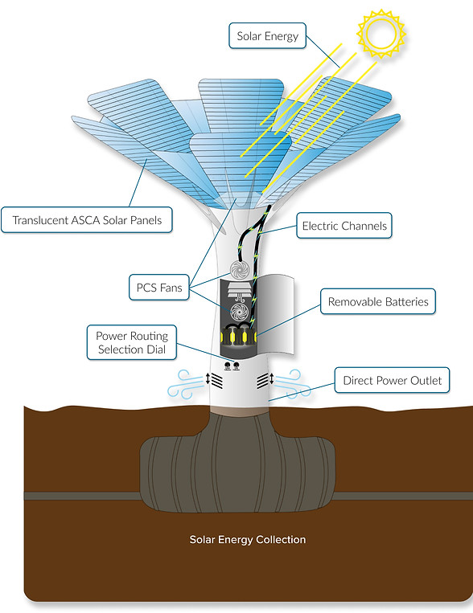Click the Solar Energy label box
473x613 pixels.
(267, 36)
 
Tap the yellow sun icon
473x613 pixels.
(380, 34)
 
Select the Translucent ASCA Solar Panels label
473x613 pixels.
(87, 220)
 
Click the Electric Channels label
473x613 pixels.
(344, 226)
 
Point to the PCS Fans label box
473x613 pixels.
(159, 288)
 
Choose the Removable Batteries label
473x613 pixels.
(378, 301)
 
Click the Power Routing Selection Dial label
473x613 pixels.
(132, 342)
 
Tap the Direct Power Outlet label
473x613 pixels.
(392, 380)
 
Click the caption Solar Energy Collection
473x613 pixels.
(248, 540)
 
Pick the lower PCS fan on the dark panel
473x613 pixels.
(239, 313)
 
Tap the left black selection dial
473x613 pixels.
(227, 366)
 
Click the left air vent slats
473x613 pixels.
(217, 380)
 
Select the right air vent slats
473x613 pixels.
(263, 380)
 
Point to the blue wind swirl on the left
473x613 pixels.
(185, 385)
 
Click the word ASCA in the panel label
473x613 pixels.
(85, 220)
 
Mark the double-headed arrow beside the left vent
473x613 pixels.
(208, 379)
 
